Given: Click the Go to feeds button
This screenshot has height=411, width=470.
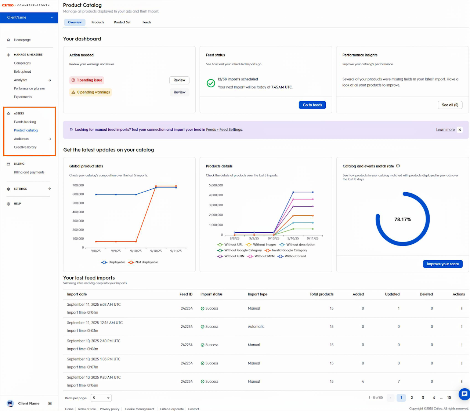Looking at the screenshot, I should coord(312,105).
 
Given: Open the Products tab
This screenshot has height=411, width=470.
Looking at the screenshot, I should coord(98,22).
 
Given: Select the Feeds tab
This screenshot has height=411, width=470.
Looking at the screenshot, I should coord(147,22).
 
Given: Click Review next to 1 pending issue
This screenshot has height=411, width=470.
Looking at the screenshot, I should coord(179,80).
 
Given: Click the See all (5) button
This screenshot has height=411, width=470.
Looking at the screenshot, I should coord(450,105).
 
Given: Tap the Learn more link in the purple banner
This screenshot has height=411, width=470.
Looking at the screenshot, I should coord(445,130).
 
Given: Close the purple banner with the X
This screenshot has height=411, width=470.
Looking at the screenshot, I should coord(460,130).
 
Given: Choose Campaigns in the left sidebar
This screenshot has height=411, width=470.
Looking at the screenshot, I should coord(22,63).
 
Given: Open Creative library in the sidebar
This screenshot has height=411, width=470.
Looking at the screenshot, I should coord(25,147).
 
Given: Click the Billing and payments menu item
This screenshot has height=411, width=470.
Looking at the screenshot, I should coord(29,172).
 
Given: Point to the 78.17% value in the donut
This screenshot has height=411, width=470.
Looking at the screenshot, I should coord(402,219).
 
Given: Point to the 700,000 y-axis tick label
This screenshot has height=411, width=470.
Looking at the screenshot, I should coord(78,185).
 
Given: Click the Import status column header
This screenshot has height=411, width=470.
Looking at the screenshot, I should coord(211,294).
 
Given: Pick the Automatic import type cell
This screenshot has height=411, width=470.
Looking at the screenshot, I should coord(256,327).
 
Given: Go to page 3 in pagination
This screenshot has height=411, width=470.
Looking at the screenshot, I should coord(423,398).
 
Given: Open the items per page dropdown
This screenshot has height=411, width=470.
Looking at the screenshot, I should coord(101,398).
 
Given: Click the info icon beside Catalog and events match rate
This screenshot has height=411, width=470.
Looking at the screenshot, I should coord(398,166).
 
